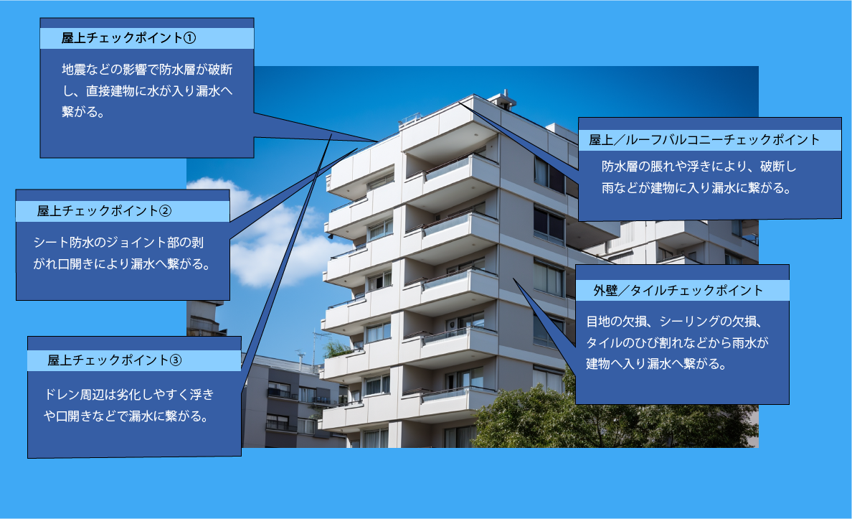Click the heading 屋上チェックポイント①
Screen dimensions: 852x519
click(x=128, y=38)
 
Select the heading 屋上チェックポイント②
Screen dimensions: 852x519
click(x=104, y=211)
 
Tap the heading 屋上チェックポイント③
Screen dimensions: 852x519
click(x=115, y=360)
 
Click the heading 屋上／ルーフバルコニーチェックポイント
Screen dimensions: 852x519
click(x=704, y=140)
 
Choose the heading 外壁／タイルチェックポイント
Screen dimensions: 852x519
click(x=678, y=291)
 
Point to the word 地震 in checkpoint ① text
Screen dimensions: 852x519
click(x=73, y=70)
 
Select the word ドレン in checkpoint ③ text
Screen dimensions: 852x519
click(x=61, y=394)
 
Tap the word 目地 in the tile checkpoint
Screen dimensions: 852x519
click(x=597, y=322)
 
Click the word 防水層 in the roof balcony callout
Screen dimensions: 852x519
click(x=620, y=167)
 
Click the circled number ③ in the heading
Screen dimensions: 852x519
click(x=176, y=360)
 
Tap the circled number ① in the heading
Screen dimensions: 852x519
click(x=189, y=38)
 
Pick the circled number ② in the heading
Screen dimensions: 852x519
click(x=165, y=211)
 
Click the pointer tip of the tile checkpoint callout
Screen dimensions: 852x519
click(x=513, y=279)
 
